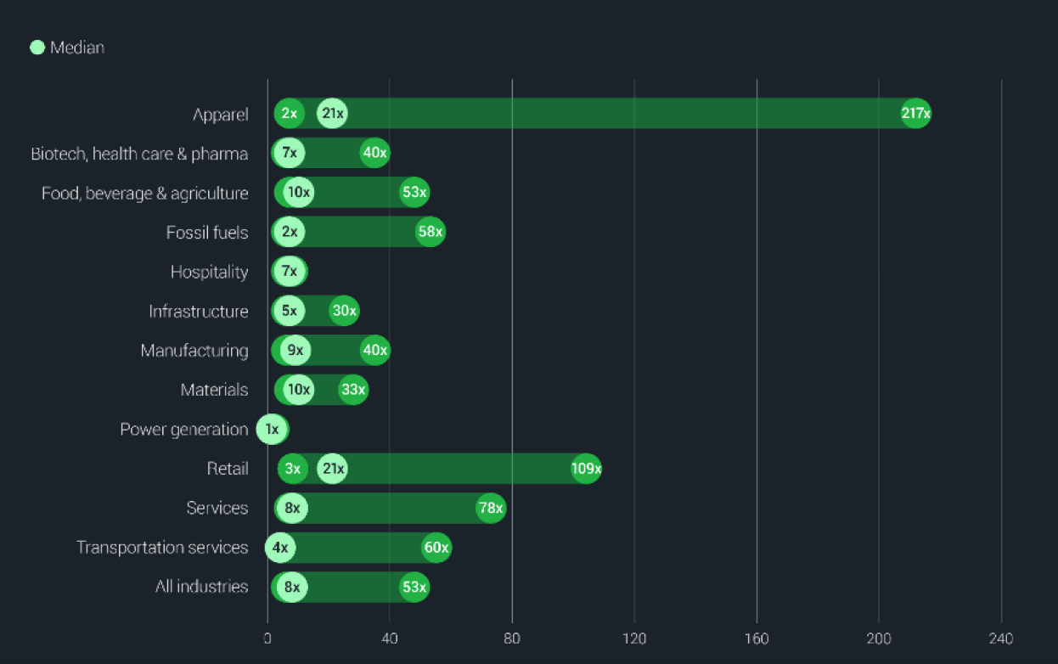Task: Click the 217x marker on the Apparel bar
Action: click(x=915, y=113)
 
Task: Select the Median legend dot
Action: click(x=37, y=48)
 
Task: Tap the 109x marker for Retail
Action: click(x=586, y=469)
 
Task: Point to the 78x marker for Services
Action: click(x=490, y=509)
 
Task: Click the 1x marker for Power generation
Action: click(x=272, y=430)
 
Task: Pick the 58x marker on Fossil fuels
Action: click(x=430, y=233)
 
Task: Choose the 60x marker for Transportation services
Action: click(x=436, y=548)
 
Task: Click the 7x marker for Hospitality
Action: click(x=290, y=272)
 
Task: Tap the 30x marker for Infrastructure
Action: click(x=344, y=312)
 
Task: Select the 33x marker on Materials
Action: click(x=353, y=390)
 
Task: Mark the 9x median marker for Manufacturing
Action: click(x=295, y=351)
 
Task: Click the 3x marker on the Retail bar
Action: click(x=293, y=469)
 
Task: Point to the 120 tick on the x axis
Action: click(x=634, y=639)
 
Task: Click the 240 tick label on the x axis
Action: click(x=1001, y=639)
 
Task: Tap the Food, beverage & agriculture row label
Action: click(x=145, y=194)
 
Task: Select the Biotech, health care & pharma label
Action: click(x=139, y=154)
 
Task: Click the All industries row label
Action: click(x=201, y=587)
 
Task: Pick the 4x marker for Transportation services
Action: click(x=280, y=548)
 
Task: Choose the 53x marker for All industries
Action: click(x=414, y=587)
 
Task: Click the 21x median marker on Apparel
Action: click(x=332, y=113)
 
